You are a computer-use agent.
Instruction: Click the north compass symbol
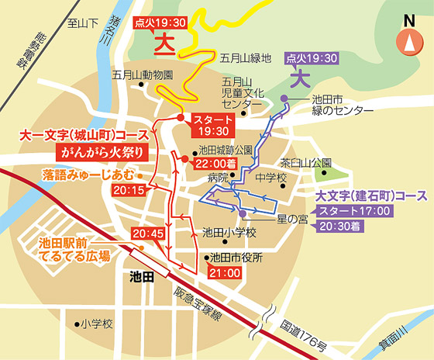(x=406, y=42)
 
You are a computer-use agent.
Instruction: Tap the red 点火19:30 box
(x=160, y=22)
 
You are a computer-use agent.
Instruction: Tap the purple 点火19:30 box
(x=312, y=58)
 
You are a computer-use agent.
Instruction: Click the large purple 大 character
(x=300, y=78)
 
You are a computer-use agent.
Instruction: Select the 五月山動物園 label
(x=142, y=75)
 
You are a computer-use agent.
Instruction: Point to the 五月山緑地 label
(x=245, y=57)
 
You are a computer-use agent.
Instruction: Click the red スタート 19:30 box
(x=212, y=124)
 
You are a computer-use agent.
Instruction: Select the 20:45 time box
(x=148, y=232)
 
